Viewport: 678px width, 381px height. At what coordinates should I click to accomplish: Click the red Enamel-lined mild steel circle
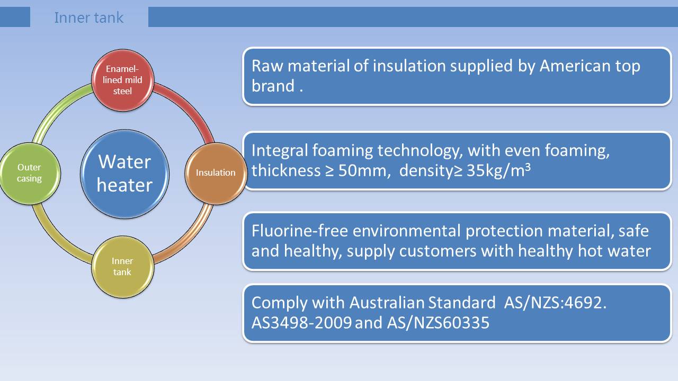(x=122, y=80)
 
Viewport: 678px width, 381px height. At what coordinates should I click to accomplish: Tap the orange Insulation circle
(x=216, y=174)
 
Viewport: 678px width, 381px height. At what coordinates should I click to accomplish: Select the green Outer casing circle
(x=29, y=174)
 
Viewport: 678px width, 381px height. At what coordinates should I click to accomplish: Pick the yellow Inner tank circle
(x=122, y=267)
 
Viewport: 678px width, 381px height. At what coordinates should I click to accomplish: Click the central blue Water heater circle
(x=124, y=174)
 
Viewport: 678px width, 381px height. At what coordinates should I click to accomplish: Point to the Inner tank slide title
(x=88, y=17)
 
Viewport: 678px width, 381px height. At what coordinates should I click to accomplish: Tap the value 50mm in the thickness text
(x=362, y=170)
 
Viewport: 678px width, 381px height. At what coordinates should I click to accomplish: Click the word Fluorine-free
(x=300, y=231)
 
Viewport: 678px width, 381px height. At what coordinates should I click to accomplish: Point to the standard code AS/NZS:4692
(x=555, y=302)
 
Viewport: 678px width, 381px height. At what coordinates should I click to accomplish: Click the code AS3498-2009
(x=301, y=322)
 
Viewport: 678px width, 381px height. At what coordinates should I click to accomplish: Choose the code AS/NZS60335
(x=438, y=322)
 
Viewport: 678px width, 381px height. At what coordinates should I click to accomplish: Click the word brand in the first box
(x=273, y=86)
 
